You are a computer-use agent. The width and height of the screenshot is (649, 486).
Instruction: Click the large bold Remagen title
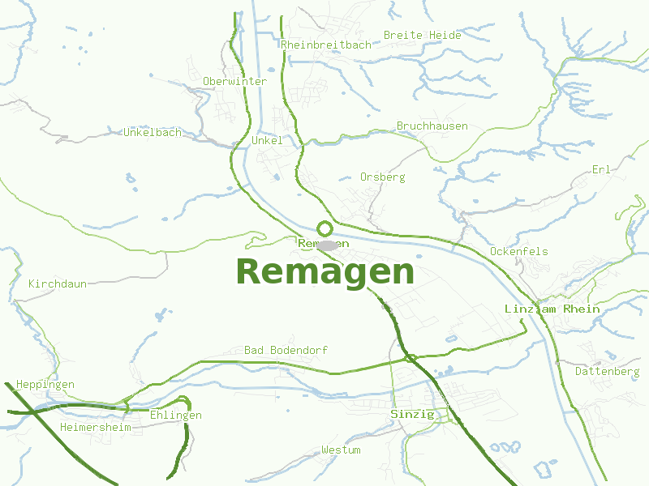pos(324,271)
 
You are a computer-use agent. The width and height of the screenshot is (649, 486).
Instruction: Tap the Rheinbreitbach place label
pos(325,45)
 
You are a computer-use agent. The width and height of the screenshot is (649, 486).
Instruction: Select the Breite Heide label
pos(422,35)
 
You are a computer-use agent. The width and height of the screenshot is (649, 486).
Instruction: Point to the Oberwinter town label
pos(234,81)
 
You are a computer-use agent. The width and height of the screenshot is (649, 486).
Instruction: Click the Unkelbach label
pos(153,132)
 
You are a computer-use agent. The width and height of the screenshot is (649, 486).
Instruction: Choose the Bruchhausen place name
pos(432,126)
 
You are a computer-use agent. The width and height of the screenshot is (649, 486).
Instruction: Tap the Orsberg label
pos(382,176)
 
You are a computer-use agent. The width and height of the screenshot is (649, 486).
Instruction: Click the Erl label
pos(601,169)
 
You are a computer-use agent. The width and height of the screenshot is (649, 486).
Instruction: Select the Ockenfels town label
pos(518,251)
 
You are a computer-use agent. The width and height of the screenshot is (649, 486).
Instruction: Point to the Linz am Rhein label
pos(552,309)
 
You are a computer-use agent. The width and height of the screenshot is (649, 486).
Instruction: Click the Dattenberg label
pos(607,371)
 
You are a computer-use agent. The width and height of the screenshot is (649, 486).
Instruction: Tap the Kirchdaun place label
pos(57,283)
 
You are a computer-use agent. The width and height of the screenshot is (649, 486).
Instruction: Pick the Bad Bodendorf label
pos(286,350)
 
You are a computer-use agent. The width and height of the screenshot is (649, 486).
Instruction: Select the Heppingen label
pos(45,384)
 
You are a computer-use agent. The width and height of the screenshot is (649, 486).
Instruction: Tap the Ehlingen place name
pos(175,415)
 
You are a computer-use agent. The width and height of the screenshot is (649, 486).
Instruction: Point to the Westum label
pos(341,450)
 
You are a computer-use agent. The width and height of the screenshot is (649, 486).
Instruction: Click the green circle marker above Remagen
pos(324,228)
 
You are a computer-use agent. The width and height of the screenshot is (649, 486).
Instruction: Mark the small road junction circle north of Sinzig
pos(410,358)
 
